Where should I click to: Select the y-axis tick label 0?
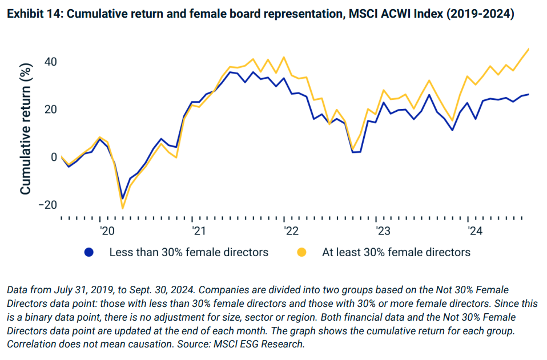(x=53, y=157)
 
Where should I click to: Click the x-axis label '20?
(x=107, y=231)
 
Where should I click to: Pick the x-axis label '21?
(x=199, y=231)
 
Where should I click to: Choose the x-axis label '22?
(x=291, y=231)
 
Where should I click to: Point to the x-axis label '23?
(x=382, y=231)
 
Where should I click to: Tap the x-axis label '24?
(x=474, y=231)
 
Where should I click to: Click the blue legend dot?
(x=89, y=252)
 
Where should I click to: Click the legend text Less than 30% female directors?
(x=188, y=252)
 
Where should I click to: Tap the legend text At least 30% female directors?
(x=396, y=252)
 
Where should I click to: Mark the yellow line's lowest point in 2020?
(x=122, y=208)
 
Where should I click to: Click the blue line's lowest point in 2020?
(x=122, y=199)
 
